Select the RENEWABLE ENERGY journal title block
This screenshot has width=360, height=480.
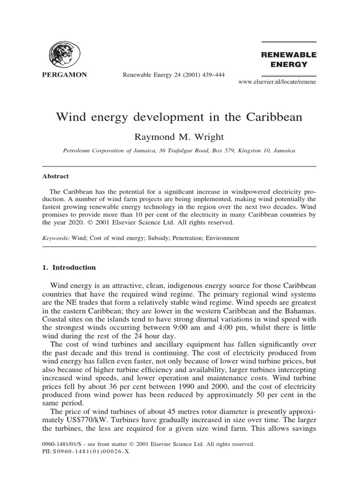(x=289, y=60)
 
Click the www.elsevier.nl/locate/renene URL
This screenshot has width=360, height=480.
(x=277, y=82)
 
